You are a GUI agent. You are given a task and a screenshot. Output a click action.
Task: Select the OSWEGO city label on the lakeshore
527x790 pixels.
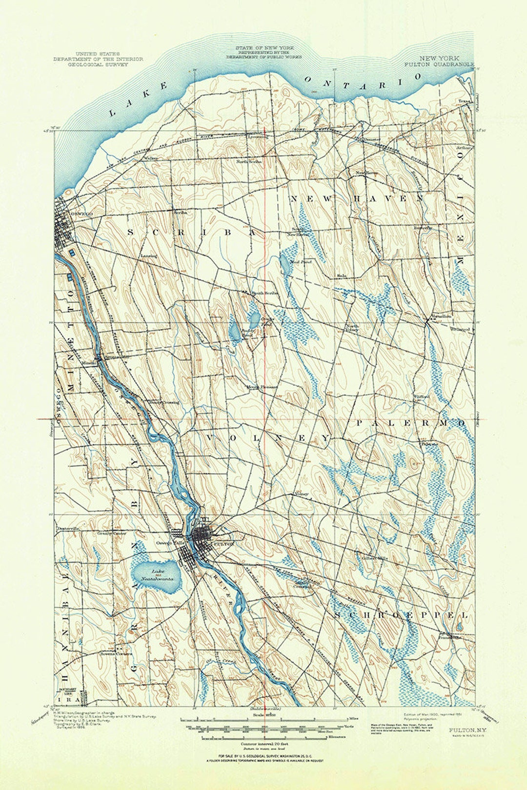(x=81, y=214)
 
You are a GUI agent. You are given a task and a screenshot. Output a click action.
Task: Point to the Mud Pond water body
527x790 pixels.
(x=284, y=264)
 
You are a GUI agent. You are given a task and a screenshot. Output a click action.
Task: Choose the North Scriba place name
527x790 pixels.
(x=249, y=161)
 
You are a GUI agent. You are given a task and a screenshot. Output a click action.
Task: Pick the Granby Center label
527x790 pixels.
(x=112, y=533)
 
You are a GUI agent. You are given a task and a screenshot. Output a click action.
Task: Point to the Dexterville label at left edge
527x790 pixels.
(x=68, y=529)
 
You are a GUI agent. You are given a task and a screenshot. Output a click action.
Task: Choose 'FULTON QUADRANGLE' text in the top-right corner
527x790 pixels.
(x=439, y=64)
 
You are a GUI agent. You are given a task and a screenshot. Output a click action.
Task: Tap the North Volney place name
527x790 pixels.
(x=352, y=328)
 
